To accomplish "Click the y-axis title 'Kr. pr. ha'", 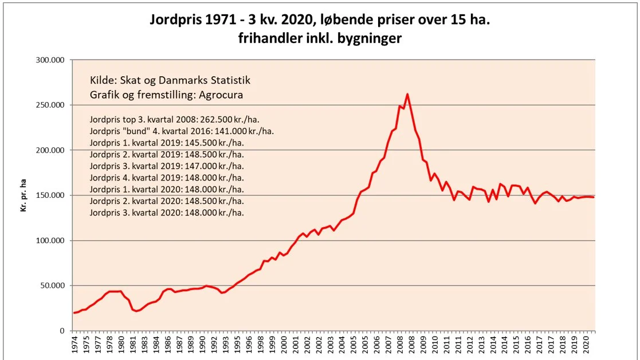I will pyautogui.click(x=23, y=195).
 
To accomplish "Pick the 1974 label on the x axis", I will pyautogui.click(x=74, y=345).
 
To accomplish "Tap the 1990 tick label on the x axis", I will pyautogui.click(x=202, y=345).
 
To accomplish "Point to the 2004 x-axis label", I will pyautogui.click(x=342, y=345).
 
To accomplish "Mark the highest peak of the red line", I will pyautogui.click(x=407, y=94).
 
